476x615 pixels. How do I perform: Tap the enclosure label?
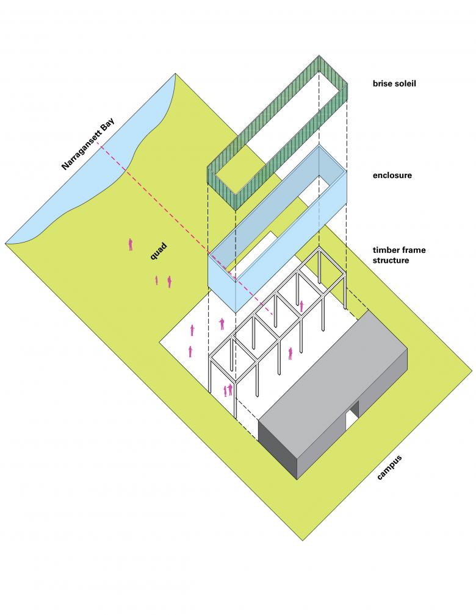[x=392, y=176]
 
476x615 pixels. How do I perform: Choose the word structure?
[x=391, y=260]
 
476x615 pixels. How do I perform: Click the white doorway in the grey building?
[x=352, y=419]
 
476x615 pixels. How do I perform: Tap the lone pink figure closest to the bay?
[x=131, y=244]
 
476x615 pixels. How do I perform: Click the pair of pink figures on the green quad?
[x=164, y=281]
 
